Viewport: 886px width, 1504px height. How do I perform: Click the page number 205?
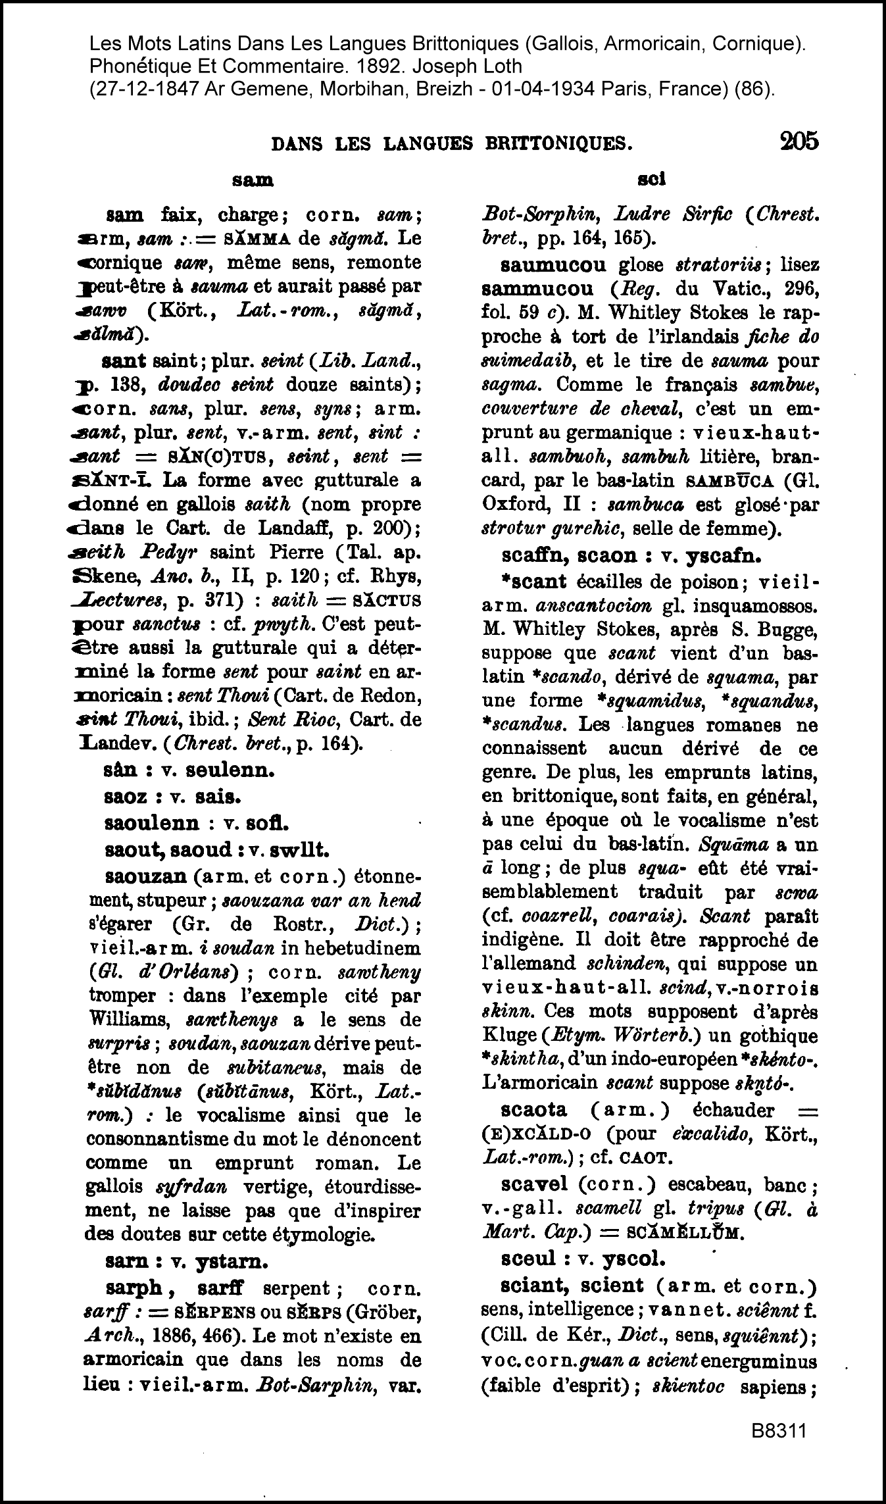pos(799,141)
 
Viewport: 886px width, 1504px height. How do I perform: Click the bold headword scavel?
pos(533,1185)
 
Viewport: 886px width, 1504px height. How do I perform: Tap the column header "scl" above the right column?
pos(652,179)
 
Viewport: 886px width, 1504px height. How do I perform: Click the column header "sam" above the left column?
pos(253,180)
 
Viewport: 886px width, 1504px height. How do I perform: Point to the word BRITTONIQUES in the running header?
pos(554,143)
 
